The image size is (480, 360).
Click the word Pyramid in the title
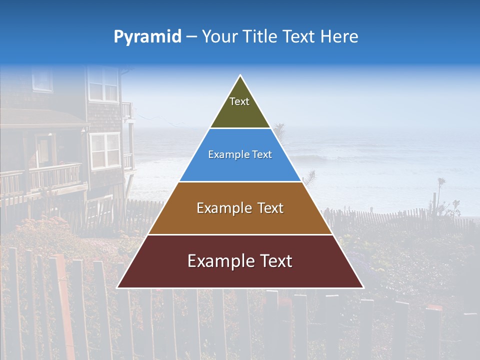coord(147,37)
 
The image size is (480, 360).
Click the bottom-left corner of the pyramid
coord(118,287)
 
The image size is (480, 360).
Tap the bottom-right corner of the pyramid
coord(362,287)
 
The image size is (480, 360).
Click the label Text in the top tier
coord(239,101)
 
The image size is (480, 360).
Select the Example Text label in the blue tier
coord(240,154)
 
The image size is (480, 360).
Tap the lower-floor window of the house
coord(105,150)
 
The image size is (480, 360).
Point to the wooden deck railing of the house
coord(55,175)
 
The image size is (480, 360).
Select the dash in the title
coord(191,37)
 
